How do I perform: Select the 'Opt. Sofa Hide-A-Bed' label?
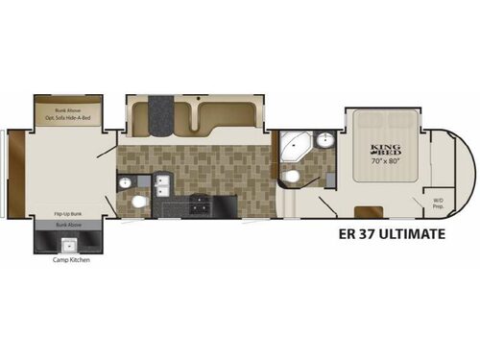click(65, 117)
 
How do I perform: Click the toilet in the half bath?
click(140, 203)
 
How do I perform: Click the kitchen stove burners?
click(200, 203)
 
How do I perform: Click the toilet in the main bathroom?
click(292, 177)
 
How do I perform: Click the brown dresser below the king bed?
click(363, 210)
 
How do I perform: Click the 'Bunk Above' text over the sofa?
click(65, 109)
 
